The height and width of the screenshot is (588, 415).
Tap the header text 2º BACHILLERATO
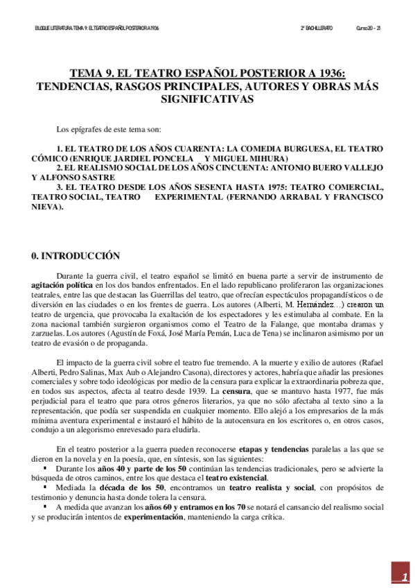tap(317, 28)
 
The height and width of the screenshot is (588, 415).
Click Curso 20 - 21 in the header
tap(368, 28)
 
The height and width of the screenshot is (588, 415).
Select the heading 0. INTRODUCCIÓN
tap(76, 256)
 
